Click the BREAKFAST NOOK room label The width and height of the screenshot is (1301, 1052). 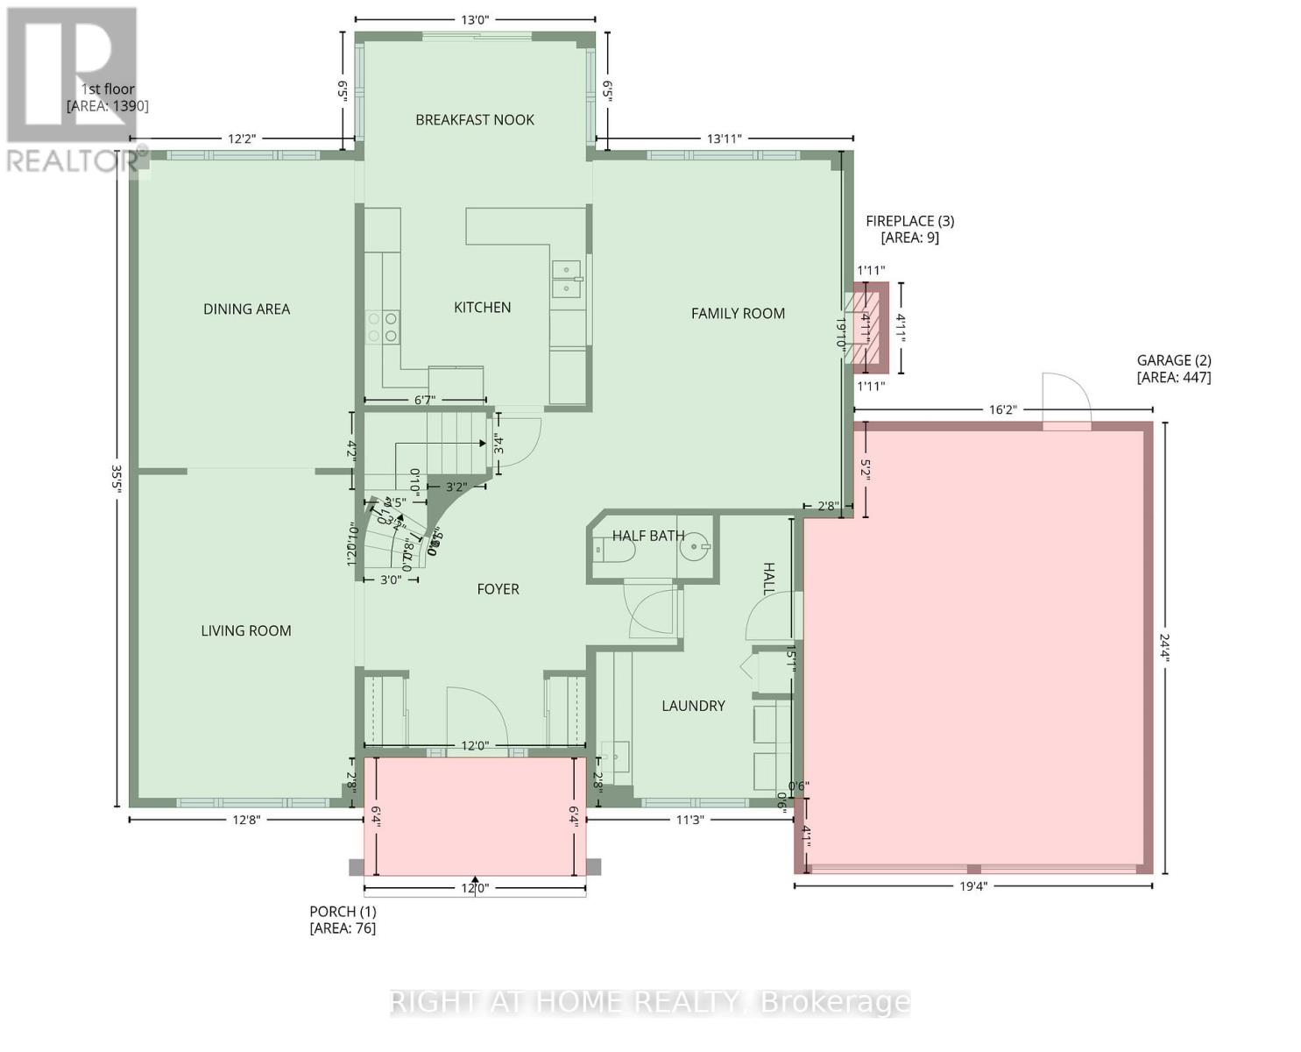click(x=474, y=120)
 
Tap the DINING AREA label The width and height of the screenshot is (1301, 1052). click(x=246, y=309)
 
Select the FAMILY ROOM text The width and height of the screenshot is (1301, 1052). click(x=738, y=313)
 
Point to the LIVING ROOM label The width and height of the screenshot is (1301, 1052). click(x=246, y=630)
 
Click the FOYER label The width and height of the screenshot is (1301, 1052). click(x=498, y=589)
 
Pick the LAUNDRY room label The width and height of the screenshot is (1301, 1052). click(x=693, y=706)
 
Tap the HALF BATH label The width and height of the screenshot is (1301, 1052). click(x=648, y=536)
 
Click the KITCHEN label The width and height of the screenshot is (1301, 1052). click(x=482, y=307)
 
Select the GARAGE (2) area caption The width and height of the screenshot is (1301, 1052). click(x=1173, y=368)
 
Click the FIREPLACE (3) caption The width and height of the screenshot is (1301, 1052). click(x=909, y=229)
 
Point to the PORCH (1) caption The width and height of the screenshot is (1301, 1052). click(x=343, y=920)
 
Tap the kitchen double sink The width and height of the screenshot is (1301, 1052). click(x=567, y=279)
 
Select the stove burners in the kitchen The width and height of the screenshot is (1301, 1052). click(x=383, y=327)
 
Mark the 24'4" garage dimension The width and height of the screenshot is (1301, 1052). click(x=1165, y=647)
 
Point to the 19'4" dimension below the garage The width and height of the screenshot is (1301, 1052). click(x=972, y=886)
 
